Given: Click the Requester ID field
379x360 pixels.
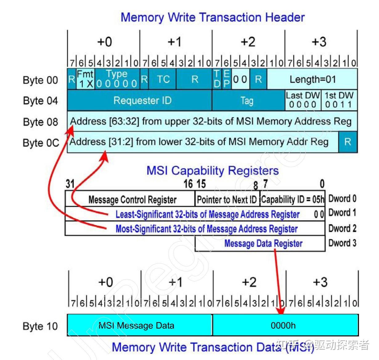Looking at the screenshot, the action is click(139, 100).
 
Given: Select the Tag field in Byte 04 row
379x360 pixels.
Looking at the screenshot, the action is click(248, 100).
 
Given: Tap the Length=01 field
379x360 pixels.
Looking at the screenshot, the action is click(312, 79).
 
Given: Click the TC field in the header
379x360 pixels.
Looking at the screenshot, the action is click(162, 79).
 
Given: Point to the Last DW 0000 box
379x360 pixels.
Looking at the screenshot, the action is click(303, 100).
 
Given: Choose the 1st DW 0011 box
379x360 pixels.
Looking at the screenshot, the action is click(339, 100).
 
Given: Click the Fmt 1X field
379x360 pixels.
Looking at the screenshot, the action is click(85, 79).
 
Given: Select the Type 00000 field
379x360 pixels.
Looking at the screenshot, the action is click(117, 79).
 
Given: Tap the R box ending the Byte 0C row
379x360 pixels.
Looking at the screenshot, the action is click(348, 142).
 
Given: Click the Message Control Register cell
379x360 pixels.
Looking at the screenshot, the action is click(130, 198).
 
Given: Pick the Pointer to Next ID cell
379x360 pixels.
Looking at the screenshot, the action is click(227, 198).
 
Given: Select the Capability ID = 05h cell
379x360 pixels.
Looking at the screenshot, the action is click(292, 198).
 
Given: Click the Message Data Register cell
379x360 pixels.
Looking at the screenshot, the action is click(260, 243).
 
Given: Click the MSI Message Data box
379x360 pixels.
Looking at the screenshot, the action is click(140, 325).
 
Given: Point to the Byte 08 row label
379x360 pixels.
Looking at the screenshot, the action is click(40, 122).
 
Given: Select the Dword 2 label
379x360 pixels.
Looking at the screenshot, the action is click(342, 228).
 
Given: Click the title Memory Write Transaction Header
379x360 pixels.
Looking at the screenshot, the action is click(213, 17).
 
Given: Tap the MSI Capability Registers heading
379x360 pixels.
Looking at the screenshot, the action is click(213, 171).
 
